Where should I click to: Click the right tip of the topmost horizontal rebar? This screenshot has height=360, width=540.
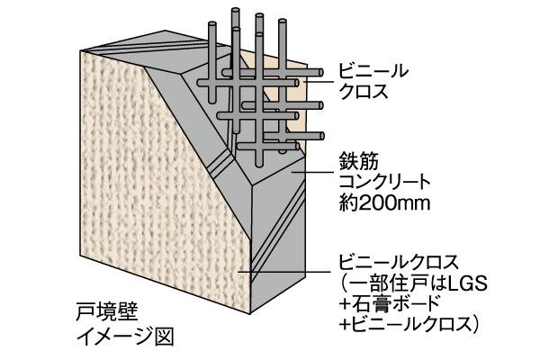pos(323,68)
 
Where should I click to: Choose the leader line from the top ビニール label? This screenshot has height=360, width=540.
pos(315,80)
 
